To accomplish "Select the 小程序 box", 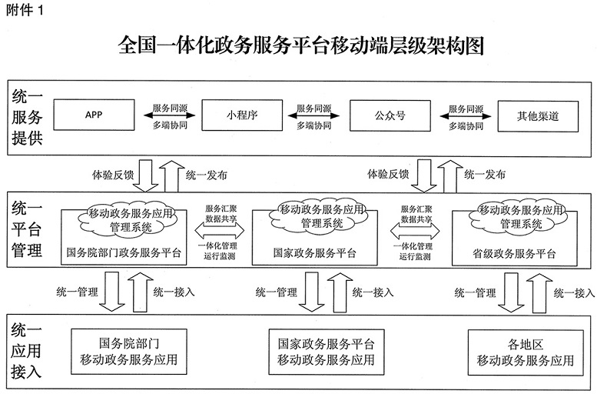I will pos(240,116).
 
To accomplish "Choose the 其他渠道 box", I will pos(537,116).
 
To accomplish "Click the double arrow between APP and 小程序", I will pos(168,116).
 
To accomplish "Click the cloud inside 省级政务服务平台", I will pos(522,216).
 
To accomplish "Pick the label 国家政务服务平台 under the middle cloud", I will pos(314,252).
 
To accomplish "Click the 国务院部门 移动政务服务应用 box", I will pos(129,352).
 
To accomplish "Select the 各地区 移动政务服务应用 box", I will pos(526,352).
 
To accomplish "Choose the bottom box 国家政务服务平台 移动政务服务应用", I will pos(327,352).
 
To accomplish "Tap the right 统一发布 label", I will pos(485,175).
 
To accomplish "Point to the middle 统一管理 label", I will pos(275,292).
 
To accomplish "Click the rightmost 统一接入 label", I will pos(574,292).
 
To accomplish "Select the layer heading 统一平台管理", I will pos(28,229).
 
